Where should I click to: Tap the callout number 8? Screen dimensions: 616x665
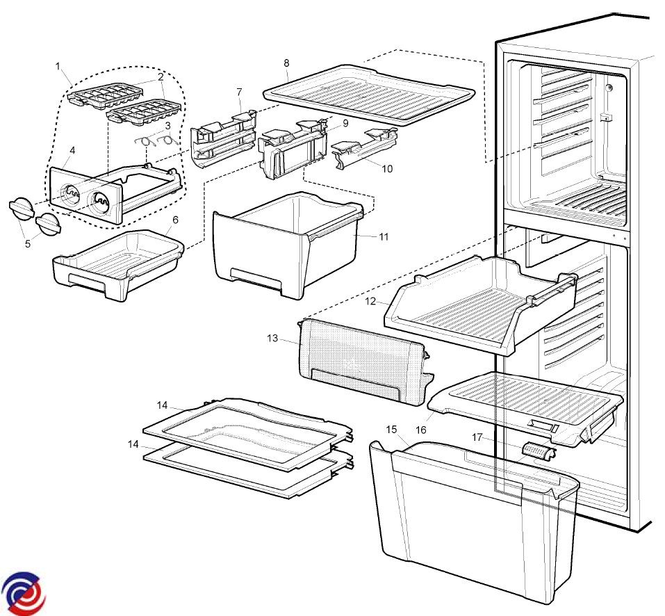point(286,63)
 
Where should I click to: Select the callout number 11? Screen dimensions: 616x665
point(384,236)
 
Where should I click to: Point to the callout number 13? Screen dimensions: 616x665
point(272,339)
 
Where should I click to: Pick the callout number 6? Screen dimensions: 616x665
point(175,220)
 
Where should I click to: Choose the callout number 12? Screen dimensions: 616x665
point(371,302)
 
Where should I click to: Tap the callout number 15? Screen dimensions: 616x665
point(391,429)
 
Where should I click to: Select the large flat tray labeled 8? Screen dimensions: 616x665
point(368,94)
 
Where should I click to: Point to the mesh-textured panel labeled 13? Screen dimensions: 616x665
point(361,362)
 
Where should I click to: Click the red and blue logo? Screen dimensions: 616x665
point(23,592)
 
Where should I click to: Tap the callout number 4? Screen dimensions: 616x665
point(73,150)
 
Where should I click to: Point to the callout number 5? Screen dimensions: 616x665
point(28,244)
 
